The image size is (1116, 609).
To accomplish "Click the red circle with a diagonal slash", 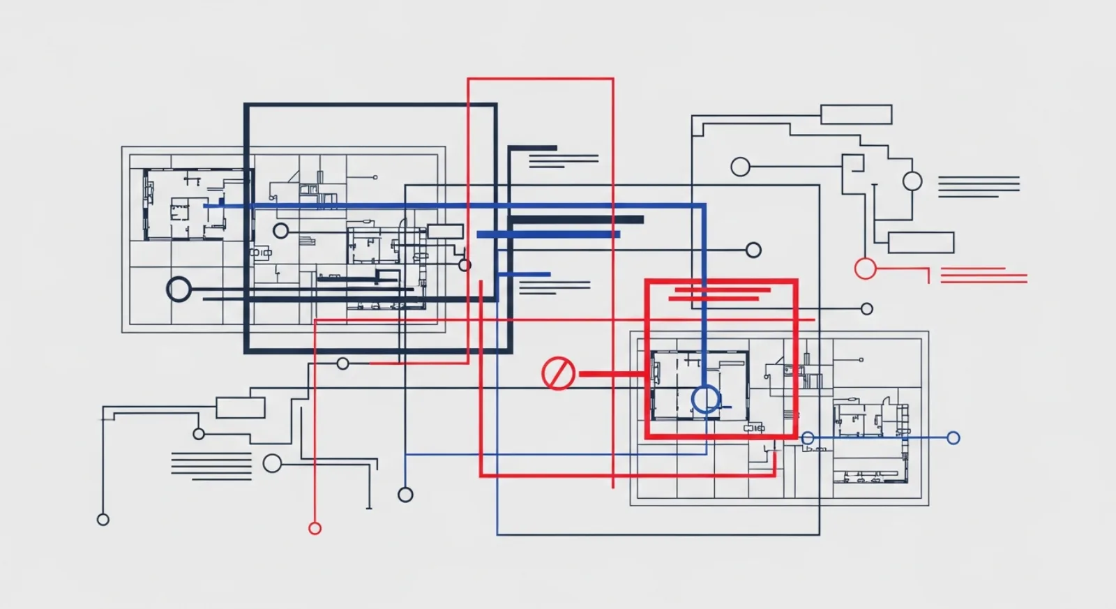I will pos(558,373).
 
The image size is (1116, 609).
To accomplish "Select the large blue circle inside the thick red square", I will pos(706,399).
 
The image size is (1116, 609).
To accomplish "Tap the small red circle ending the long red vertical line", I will pos(315,528).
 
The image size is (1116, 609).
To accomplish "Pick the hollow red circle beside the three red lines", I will pos(865,269).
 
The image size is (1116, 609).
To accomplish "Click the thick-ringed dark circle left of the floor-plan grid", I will pos(179,289).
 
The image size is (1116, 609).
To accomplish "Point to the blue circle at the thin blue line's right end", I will pos(953,438).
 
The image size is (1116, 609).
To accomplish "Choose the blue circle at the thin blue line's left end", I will pos(808,438).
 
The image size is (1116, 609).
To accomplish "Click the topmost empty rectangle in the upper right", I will pos(856,114).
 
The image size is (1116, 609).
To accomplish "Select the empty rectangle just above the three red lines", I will pos(921,243).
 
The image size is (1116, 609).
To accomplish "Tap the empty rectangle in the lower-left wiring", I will pos(240,407).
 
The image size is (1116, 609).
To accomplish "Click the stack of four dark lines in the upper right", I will pos(978,186).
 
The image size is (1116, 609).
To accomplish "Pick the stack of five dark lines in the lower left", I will pos(211,465).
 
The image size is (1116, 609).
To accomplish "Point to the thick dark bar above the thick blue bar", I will pos(576,220).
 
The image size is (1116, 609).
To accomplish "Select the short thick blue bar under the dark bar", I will pos(548,235).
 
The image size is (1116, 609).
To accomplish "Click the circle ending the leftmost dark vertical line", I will pos(103,519).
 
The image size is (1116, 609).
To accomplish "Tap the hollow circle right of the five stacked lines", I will pos(272,463).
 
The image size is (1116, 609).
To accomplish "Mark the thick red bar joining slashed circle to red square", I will pos(611,374).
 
